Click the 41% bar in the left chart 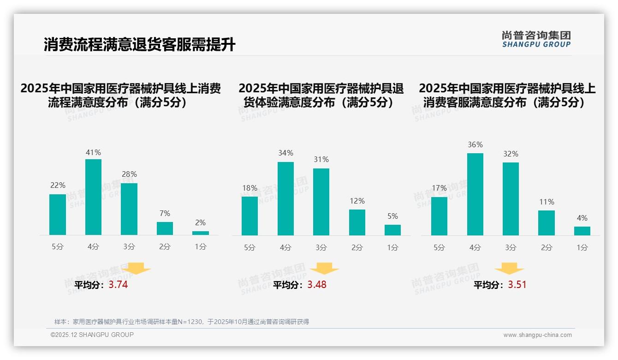[94, 197]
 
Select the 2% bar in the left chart [201, 233]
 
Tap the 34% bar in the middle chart [285, 198]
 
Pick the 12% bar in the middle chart [357, 222]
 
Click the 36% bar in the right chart [475, 194]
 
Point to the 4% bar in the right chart [582, 231]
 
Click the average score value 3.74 [118, 285]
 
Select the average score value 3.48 [317, 285]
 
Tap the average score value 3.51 [517, 285]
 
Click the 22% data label [58, 185]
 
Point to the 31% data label [321, 159]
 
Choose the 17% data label [439, 188]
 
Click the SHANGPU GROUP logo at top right [536, 39]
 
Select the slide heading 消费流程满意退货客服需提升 [140, 45]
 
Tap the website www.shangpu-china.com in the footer [537, 335]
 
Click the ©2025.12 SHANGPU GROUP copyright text [92, 335]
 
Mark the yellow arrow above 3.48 [324, 269]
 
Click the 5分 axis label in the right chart [439, 248]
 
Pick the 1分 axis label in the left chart [201, 247]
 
